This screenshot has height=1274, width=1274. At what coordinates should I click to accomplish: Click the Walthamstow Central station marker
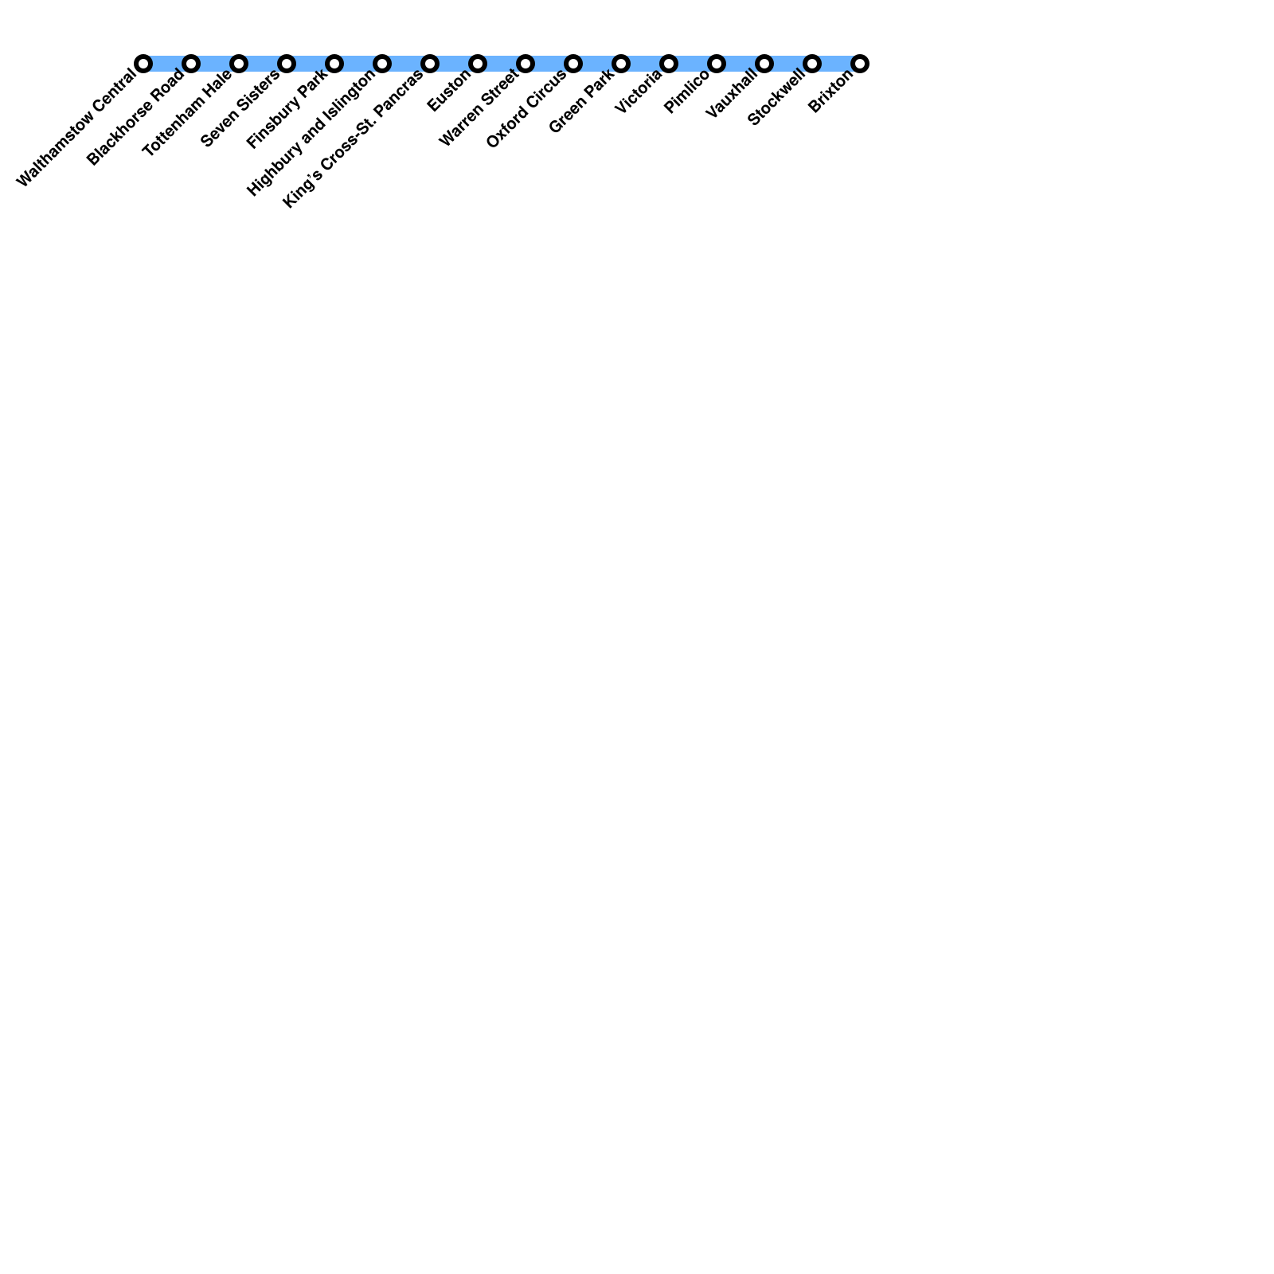[x=143, y=64]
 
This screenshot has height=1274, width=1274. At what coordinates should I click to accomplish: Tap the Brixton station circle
[x=860, y=64]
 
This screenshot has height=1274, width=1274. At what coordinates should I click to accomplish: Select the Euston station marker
[x=478, y=64]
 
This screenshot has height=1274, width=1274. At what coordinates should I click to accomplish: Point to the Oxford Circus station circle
[x=573, y=64]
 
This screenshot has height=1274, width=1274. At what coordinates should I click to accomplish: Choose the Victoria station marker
[x=669, y=64]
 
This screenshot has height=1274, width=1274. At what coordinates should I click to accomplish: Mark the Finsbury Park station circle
[x=334, y=64]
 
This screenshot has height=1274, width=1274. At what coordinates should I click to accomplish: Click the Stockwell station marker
[x=812, y=64]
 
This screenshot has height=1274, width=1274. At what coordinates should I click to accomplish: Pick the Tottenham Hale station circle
[x=239, y=64]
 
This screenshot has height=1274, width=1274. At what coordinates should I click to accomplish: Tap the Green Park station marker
[x=621, y=64]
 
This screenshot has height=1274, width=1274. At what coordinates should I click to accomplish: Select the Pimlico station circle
[x=717, y=64]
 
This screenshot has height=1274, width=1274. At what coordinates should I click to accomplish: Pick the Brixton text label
[x=830, y=91]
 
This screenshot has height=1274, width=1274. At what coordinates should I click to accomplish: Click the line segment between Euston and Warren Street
[x=502, y=64]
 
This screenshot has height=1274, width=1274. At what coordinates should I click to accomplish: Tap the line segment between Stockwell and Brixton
[x=836, y=64]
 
